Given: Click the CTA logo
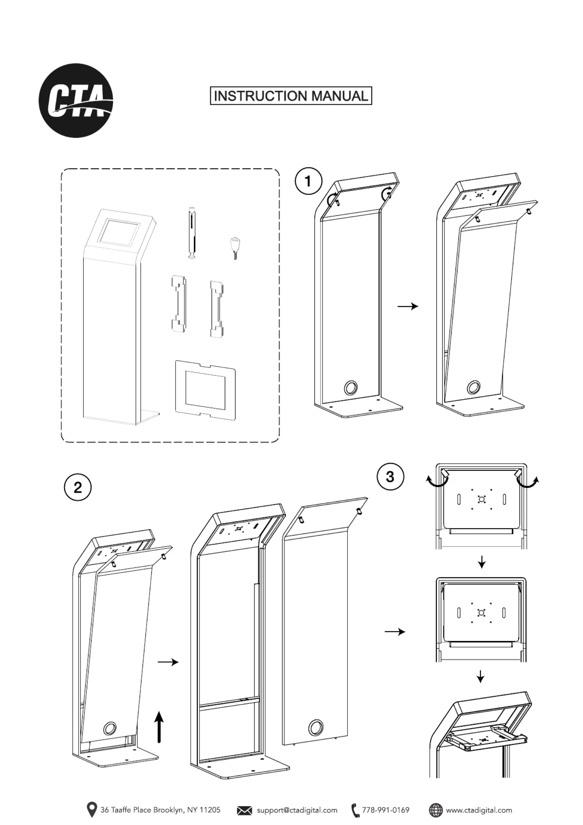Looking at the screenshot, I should [x=76, y=100].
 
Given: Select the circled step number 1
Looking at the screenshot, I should [x=308, y=181].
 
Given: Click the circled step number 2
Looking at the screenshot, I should [x=78, y=488].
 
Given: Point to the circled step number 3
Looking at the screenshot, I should [x=390, y=477].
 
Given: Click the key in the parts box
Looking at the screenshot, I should [x=234, y=248].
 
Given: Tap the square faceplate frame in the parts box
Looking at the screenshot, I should [x=205, y=390].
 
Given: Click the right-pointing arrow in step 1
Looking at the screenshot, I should [x=408, y=306].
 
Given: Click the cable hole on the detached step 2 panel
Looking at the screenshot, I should [x=316, y=727].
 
